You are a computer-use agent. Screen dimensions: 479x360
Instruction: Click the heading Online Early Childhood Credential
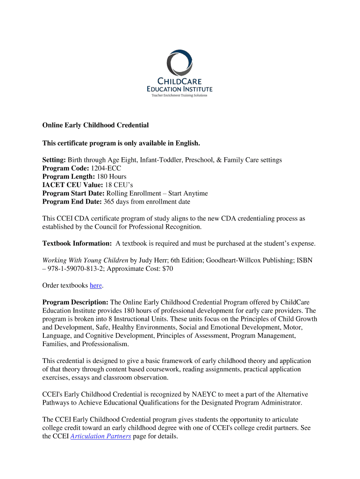pyautogui.click(x=95, y=125)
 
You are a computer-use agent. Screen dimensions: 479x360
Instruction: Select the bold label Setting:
pyautogui.click(x=54, y=160)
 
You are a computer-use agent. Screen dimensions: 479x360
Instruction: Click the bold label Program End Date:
pyautogui.click(x=72, y=202)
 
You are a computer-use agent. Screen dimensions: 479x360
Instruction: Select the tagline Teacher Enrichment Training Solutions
pyautogui.click(x=179, y=95)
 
